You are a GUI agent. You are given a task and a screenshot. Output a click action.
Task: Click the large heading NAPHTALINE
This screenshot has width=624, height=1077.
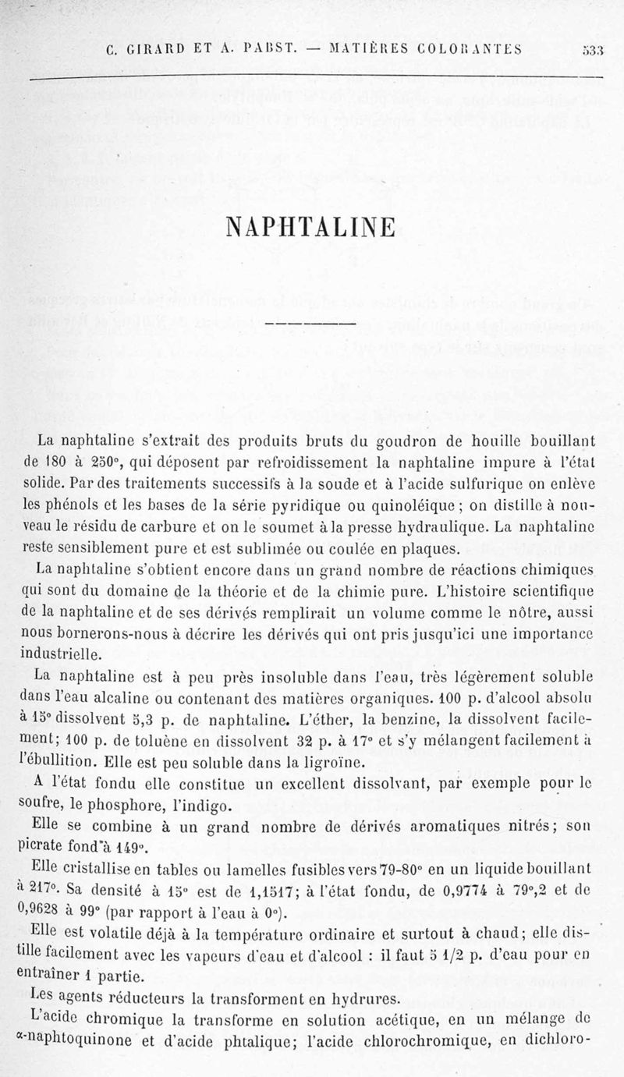point(310,225)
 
